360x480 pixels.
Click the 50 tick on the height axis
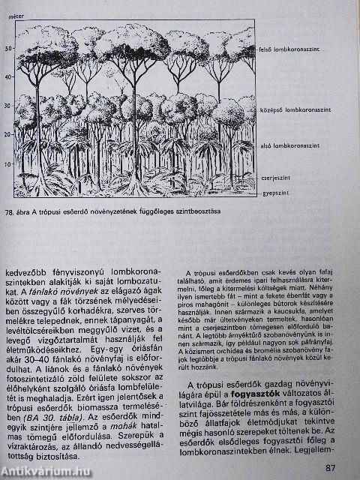click(10, 49)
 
